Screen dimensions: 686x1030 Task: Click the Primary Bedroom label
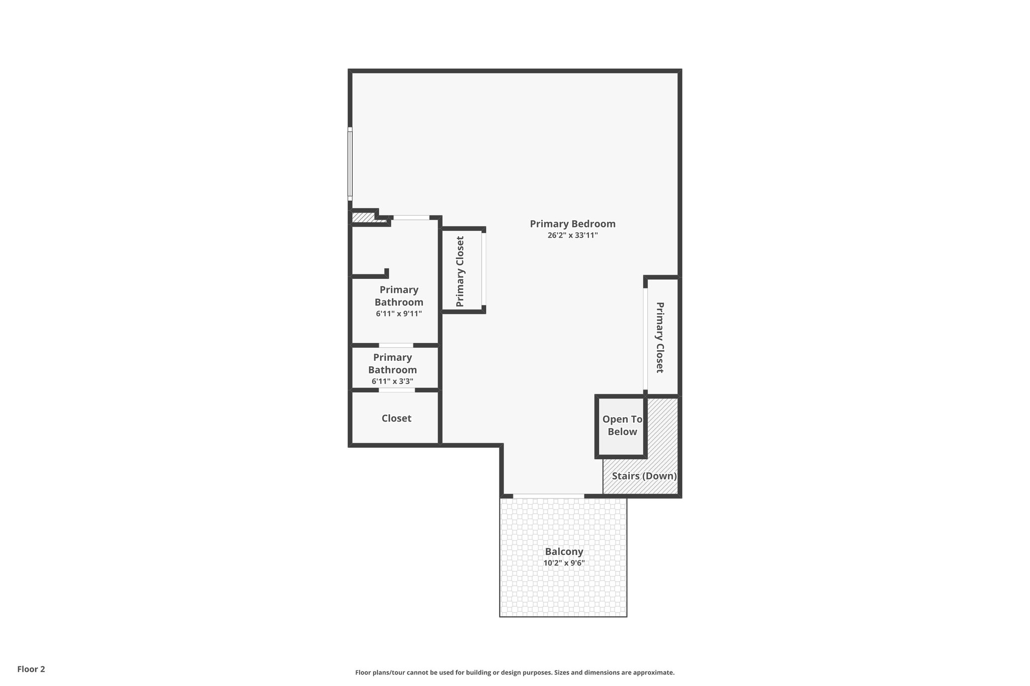click(572, 224)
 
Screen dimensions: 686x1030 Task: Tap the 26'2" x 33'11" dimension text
click(572, 235)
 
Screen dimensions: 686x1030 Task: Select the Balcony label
click(564, 552)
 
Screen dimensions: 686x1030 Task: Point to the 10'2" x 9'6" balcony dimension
click(564, 563)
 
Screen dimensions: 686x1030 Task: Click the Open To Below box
click(622, 426)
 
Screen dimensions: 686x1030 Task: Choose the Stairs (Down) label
click(644, 476)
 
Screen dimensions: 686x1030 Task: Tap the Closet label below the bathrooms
click(396, 419)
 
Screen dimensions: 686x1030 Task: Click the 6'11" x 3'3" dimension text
click(392, 381)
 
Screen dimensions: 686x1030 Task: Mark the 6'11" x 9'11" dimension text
click(398, 314)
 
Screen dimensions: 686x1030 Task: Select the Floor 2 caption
click(31, 669)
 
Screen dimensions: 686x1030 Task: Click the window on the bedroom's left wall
click(350, 164)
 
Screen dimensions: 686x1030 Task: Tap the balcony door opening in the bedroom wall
click(548, 496)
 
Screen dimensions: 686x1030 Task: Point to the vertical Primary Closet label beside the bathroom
click(460, 271)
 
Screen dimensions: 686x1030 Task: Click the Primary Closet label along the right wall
click(660, 337)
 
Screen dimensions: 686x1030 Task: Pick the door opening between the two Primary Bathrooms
click(396, 345)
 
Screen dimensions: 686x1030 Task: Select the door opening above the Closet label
click(397, 390)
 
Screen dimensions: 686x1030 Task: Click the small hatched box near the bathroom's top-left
click(362, 218)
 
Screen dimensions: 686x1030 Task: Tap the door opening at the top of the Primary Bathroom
click(411, 218)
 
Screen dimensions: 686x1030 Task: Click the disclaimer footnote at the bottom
click(514, 672)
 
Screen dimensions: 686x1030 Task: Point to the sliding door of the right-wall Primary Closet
click(645, 339)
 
